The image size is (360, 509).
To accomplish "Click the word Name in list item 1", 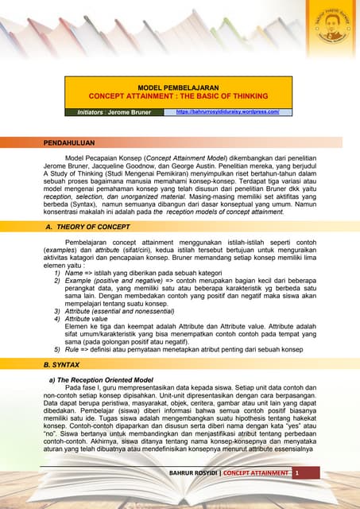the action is click(74, 271).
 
